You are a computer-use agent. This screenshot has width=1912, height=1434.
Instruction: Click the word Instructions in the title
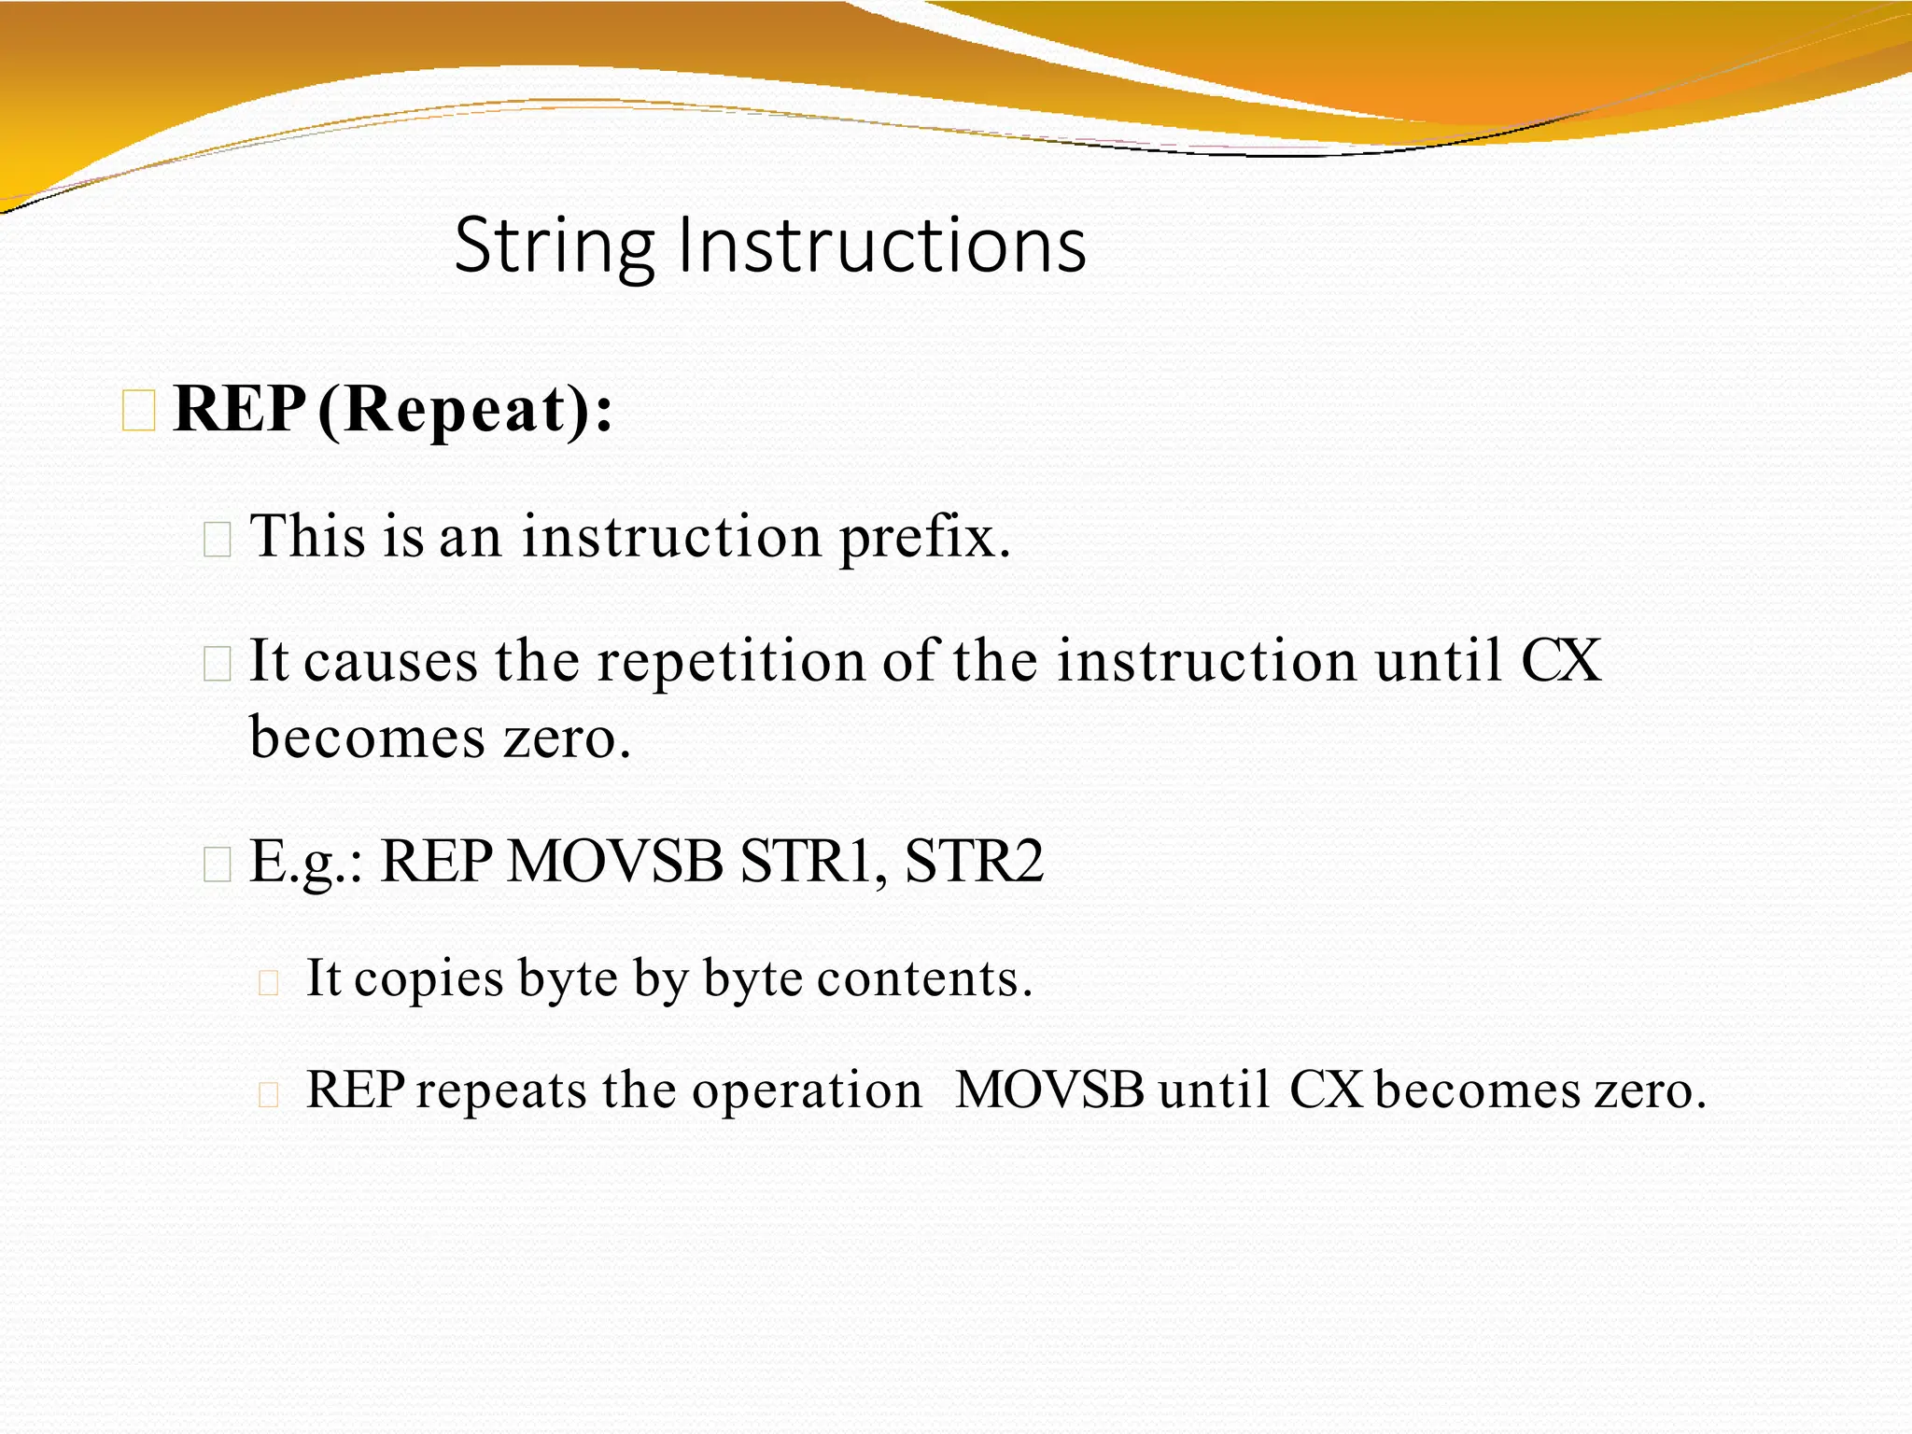881,245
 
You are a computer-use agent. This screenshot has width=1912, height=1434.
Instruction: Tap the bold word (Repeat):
465,410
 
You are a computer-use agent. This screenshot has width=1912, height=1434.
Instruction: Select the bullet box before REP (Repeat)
139,412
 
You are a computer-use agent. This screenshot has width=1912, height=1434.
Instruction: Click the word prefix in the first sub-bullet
924,538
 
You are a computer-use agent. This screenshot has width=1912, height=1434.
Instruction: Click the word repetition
731,661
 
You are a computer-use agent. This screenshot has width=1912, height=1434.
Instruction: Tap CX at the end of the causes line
1560,661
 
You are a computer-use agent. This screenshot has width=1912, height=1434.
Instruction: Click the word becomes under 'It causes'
368,738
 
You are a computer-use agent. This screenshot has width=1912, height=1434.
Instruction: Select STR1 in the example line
813,861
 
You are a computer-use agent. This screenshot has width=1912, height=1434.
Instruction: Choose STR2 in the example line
974,861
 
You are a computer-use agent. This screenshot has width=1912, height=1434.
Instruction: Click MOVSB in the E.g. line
614,861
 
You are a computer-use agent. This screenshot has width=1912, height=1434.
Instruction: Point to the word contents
924,979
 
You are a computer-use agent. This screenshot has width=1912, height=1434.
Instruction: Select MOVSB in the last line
1049,1090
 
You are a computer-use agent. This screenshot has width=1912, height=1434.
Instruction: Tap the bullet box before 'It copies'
269,982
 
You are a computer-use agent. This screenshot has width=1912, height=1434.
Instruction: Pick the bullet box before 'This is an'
218,540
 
